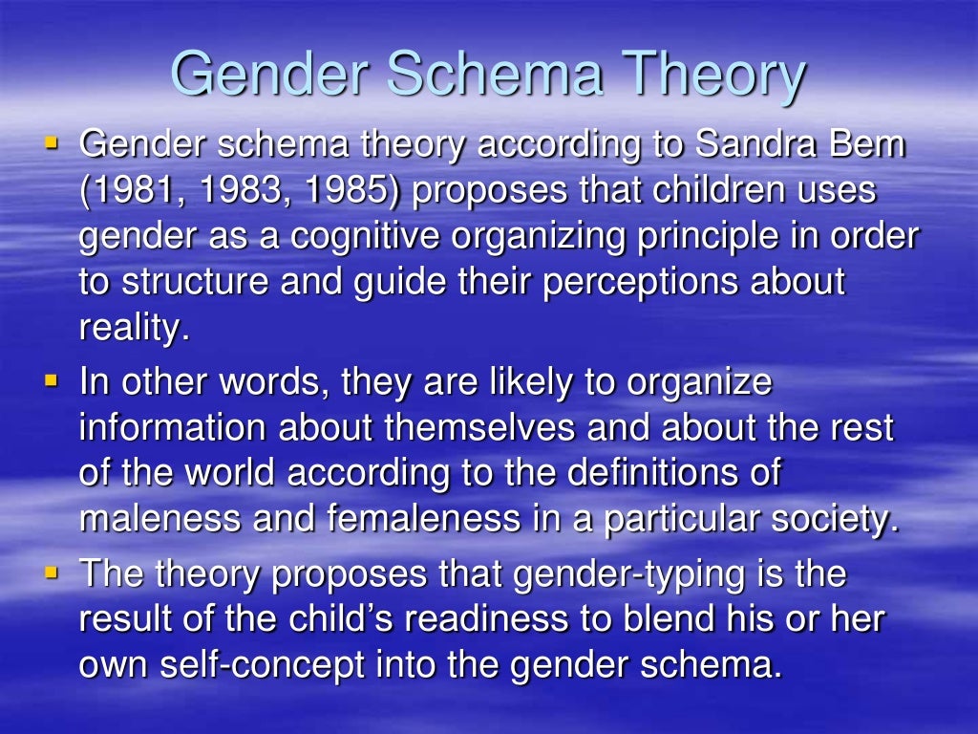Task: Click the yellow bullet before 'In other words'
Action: pos(52,381)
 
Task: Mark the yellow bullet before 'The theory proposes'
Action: pos(52,573)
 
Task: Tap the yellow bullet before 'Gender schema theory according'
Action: pos(52,144)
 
